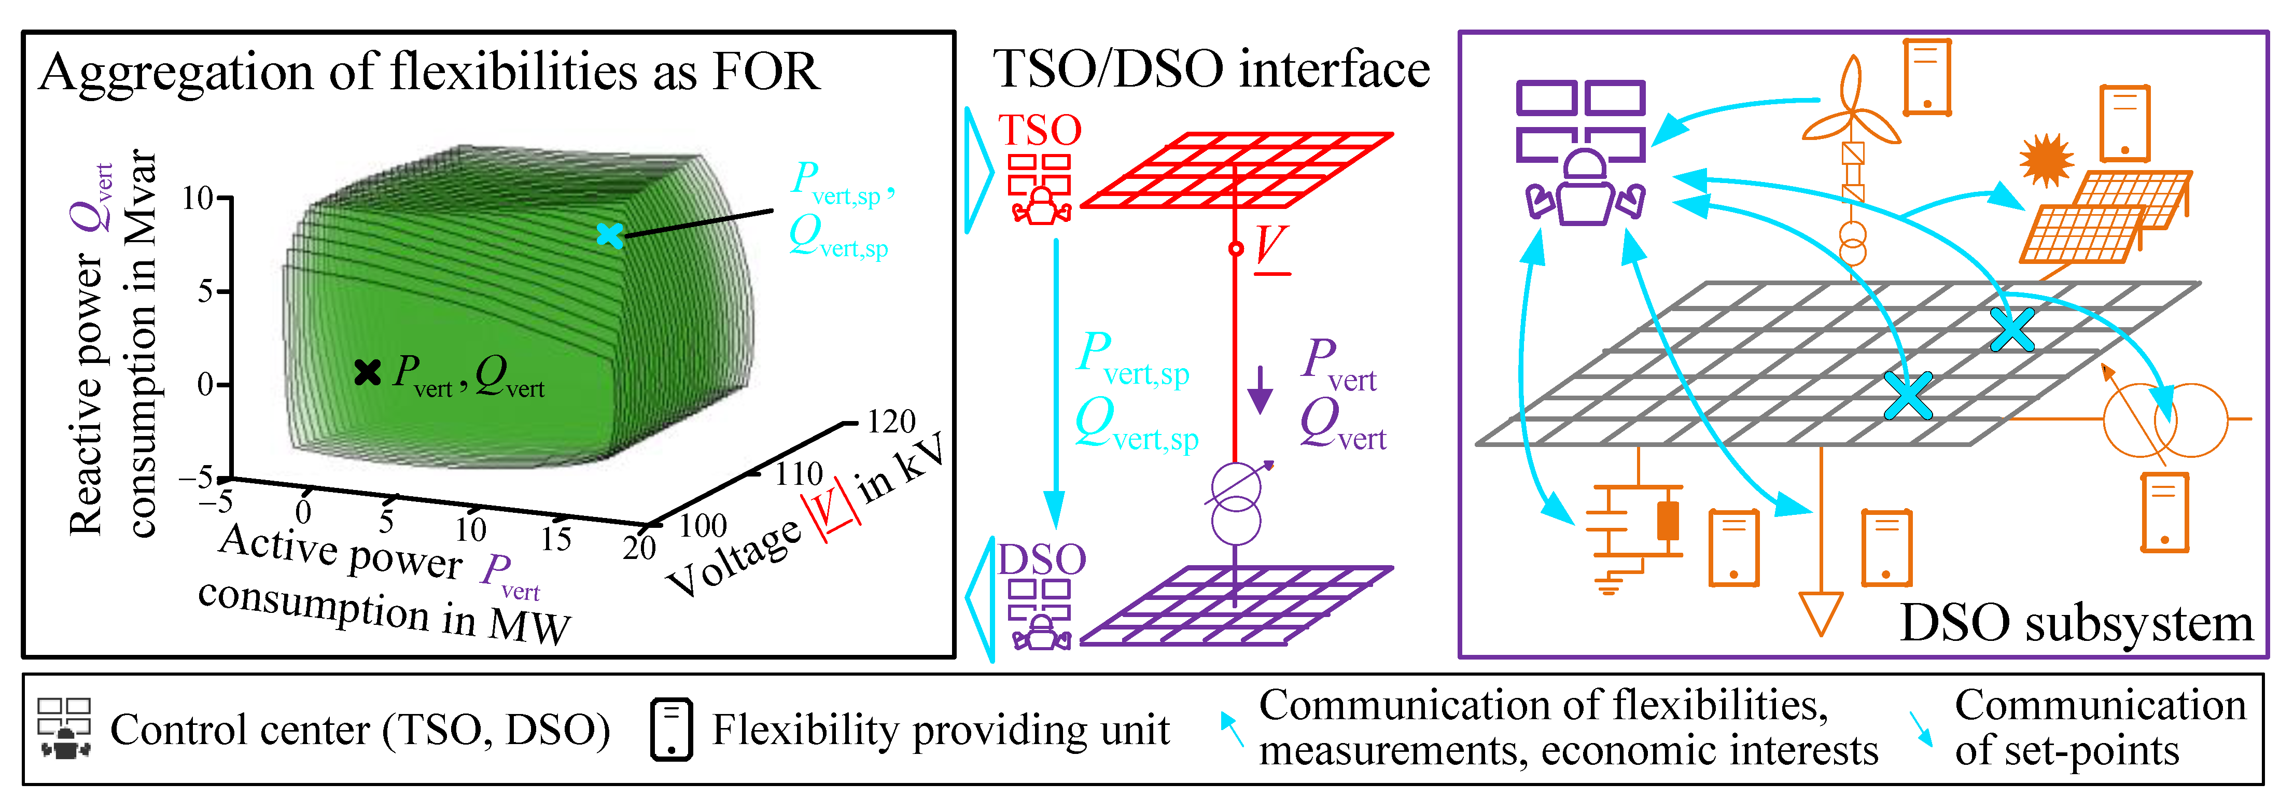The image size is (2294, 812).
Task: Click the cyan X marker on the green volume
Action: pos(609,235)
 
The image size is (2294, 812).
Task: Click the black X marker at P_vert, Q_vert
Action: pos(367,372)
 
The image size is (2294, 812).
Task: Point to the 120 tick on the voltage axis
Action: pos(890,421)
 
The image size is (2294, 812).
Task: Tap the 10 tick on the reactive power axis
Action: pos(198,198)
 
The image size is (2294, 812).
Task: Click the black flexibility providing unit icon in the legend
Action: pos(670,729)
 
